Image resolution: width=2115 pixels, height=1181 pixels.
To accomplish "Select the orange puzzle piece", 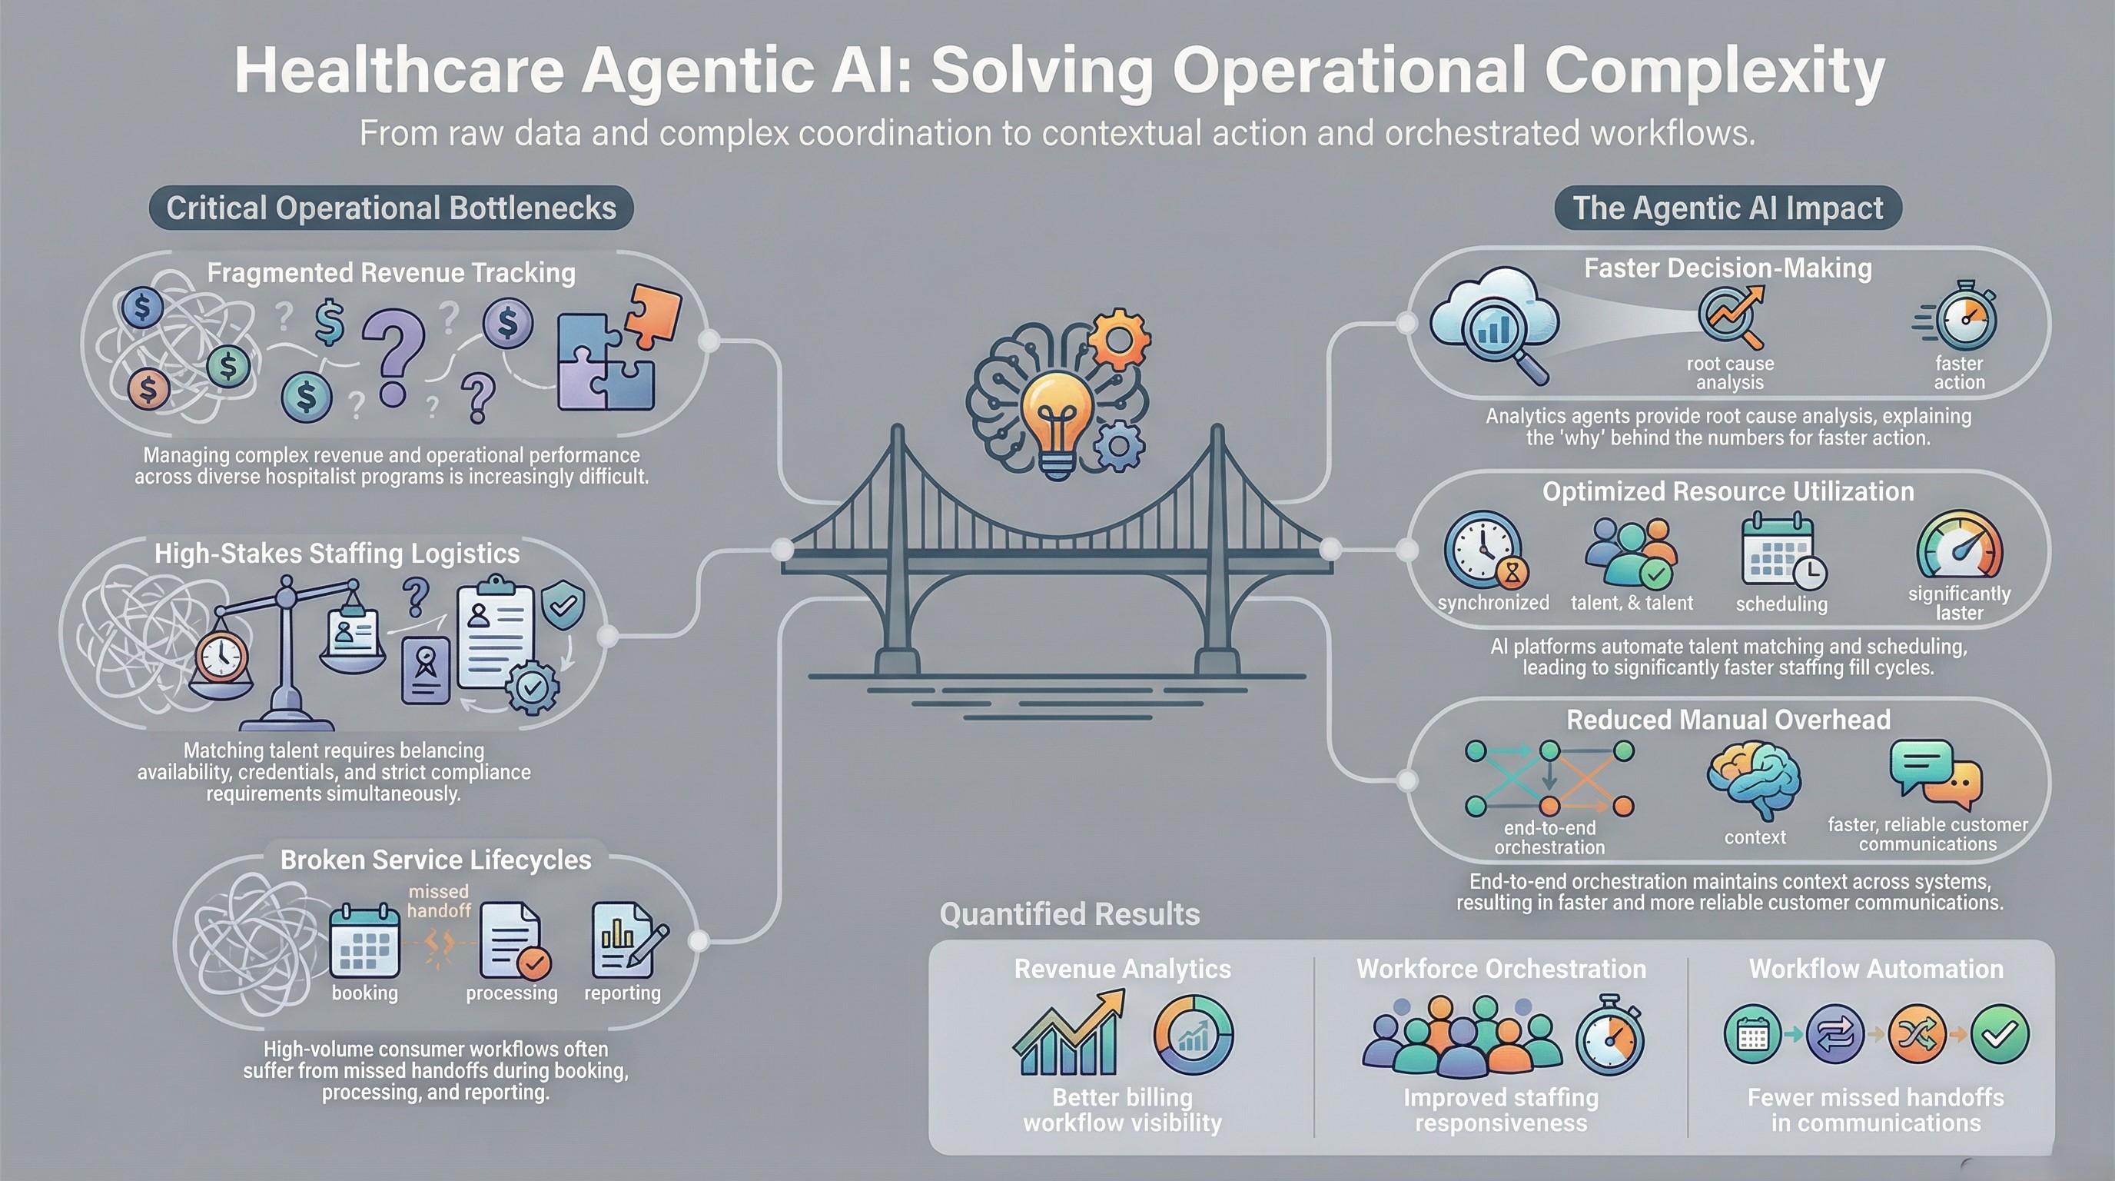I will (653, 314).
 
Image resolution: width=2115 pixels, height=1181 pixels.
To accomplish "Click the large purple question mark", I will (393, 357).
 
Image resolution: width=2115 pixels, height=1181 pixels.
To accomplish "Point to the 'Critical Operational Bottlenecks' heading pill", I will (391, 208).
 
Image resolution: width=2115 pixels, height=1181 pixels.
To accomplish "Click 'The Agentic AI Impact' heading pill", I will (1728, 208).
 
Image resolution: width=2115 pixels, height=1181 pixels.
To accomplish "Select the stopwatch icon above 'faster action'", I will (1964, 318).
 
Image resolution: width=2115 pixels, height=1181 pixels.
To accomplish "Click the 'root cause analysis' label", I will (1730, 373).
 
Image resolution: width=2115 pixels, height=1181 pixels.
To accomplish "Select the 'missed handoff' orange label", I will (438, 901).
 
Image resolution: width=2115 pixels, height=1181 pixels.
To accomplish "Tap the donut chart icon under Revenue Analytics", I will (1194, 1035).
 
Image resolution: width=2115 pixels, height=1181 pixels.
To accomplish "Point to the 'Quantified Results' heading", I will (1069, 914).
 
